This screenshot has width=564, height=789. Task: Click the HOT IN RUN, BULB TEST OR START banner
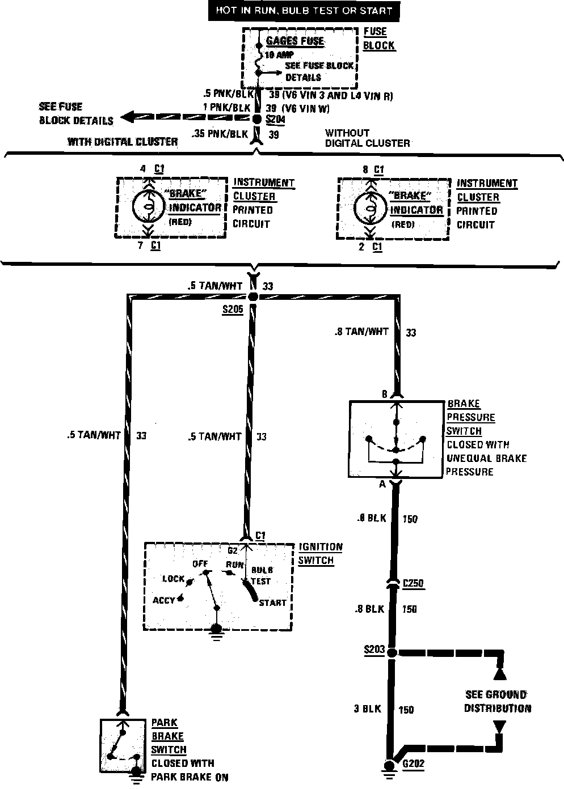point(304,11)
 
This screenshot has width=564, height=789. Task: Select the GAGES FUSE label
point(295,41)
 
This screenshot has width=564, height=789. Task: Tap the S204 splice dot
point(256,120)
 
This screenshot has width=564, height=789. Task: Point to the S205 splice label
point(233,310)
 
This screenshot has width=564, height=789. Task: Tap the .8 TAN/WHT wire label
point(361,331)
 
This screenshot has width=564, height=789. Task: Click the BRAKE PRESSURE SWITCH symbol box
point(397,439)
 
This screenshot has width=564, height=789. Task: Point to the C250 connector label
point(414,584)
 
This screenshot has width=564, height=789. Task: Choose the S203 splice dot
point(392,652)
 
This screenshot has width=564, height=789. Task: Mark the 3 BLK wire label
point(366,709)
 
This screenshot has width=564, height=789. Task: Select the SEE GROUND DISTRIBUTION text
point(498,701)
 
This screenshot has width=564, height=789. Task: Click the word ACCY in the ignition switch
point(164,600)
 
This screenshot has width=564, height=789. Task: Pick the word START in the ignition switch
point(273,603)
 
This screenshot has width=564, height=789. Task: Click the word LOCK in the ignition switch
point(174,579)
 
